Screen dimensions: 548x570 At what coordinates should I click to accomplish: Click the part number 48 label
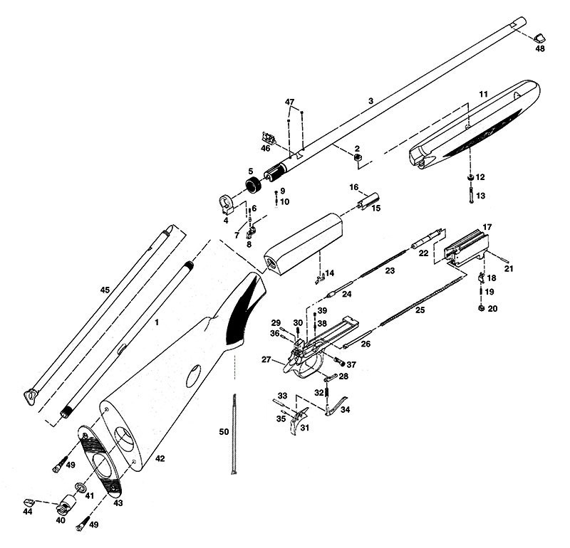(x=539, y=49)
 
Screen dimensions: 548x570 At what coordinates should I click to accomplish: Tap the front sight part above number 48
(x=539, y=36)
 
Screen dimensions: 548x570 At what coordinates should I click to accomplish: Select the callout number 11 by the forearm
(x=482, y=95)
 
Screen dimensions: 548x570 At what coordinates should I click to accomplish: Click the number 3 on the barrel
(x=370, y=102)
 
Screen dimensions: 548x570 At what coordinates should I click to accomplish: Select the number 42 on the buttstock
(x=160, y=459)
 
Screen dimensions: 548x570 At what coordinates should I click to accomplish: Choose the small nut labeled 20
(x=480, y=307)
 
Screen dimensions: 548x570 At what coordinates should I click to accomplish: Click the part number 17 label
(x=487, y=227)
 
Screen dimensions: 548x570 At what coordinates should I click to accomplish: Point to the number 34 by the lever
(x=346, y=410)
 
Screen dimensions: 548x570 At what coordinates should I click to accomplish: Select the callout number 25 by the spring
(x=420, y=310)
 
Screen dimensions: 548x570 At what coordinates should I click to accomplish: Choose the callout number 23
(x=388, y=271)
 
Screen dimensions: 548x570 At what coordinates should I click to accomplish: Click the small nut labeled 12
(x=470, y=176)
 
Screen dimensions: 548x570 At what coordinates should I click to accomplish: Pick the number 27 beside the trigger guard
(x=268, y=360)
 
